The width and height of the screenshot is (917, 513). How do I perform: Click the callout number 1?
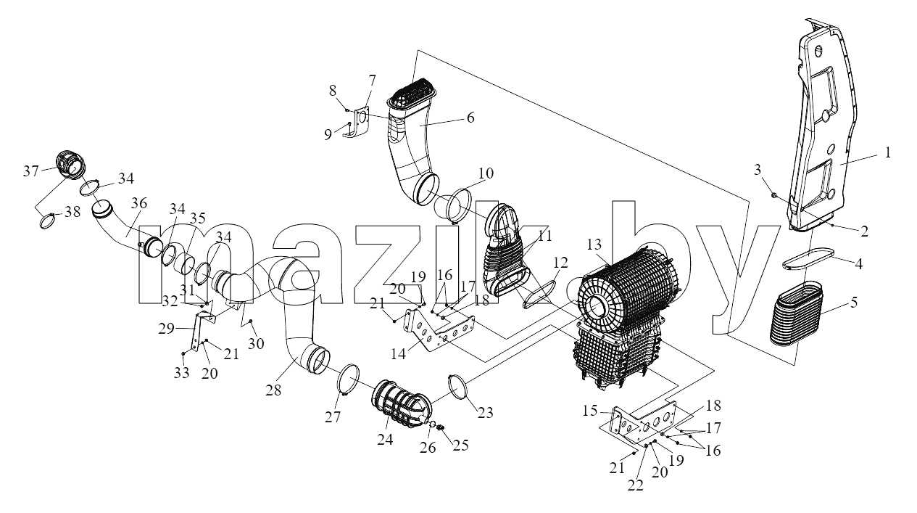887,153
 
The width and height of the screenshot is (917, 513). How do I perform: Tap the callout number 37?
31,171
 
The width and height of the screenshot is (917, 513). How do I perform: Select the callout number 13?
594,245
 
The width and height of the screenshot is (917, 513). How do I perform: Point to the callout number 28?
273,390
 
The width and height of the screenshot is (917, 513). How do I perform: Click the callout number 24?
385,440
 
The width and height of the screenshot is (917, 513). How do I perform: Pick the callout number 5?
853,303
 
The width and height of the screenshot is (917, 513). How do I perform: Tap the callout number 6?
470,118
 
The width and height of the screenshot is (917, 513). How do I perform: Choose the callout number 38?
72,211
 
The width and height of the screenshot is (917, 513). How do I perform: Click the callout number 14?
398,353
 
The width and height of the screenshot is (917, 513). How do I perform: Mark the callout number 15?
590,411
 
